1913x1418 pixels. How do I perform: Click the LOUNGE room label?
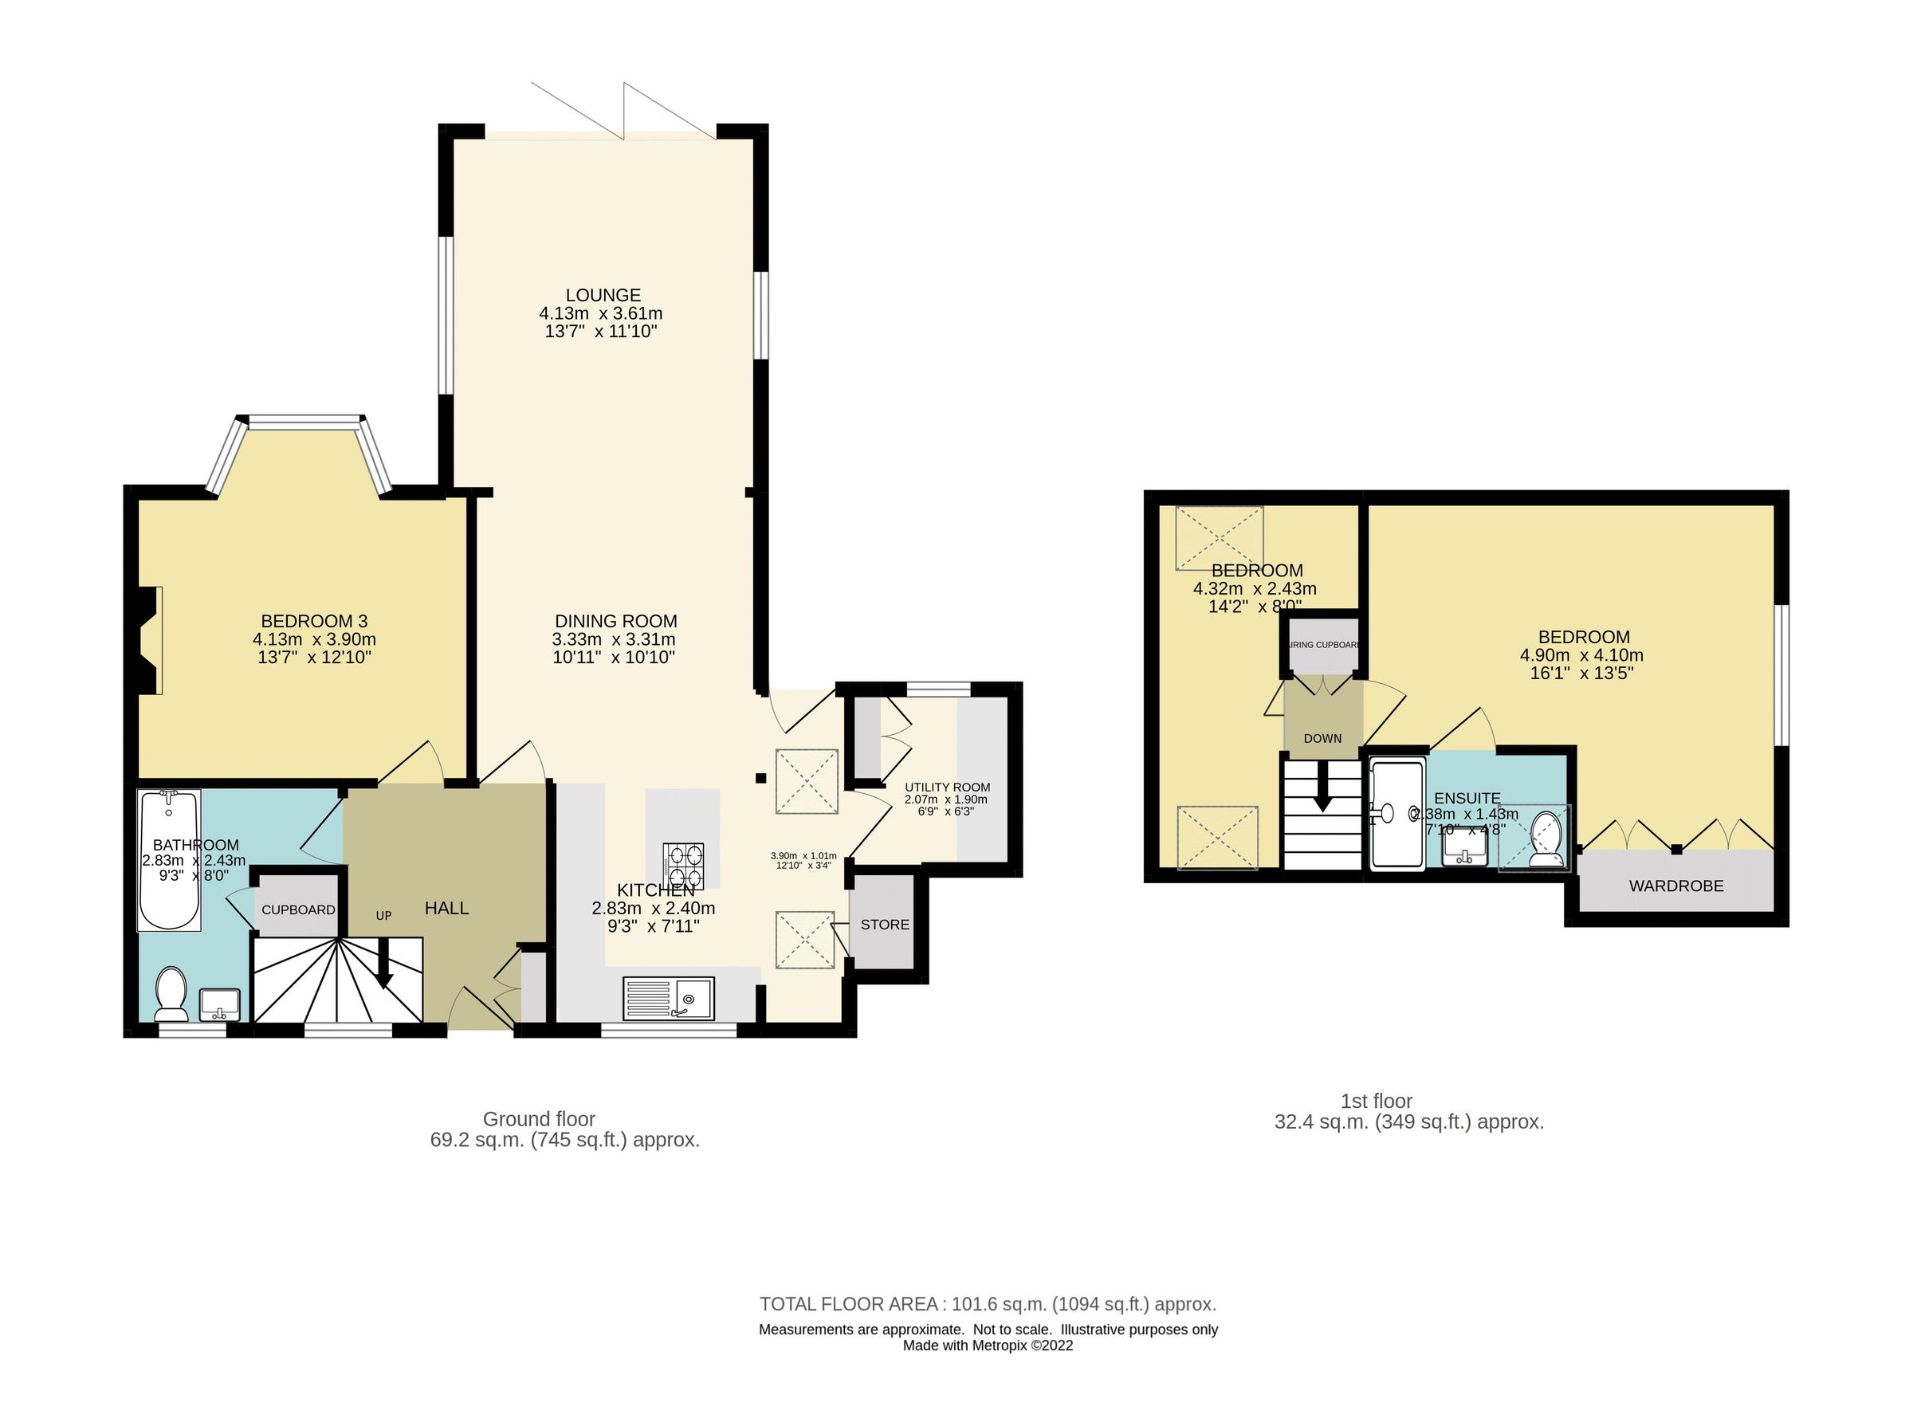[603, 295]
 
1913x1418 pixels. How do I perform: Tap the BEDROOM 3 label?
[314, 621]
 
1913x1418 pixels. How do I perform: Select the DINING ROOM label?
[615, 621]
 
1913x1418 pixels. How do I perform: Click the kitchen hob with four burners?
[682, 864]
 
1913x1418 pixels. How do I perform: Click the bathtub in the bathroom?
[169, 860]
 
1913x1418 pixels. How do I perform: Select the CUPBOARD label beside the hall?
[298, 909]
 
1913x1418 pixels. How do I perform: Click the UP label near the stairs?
[383, 916]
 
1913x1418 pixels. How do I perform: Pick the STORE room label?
[884, 925]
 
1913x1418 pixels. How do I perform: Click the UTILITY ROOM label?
[947, 787]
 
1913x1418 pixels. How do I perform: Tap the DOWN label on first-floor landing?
[1322, 738]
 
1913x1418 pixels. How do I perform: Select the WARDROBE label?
[1675, 886]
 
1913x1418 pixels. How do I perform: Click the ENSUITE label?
[1467, 798]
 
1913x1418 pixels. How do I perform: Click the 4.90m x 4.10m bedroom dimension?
[1581, 655]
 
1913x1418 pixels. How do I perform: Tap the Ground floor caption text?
[539, 1119]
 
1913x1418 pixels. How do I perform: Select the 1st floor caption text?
[1376, 1102]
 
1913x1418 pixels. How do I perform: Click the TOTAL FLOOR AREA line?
[987, 1305]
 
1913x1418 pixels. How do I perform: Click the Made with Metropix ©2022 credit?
[987, 1346]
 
